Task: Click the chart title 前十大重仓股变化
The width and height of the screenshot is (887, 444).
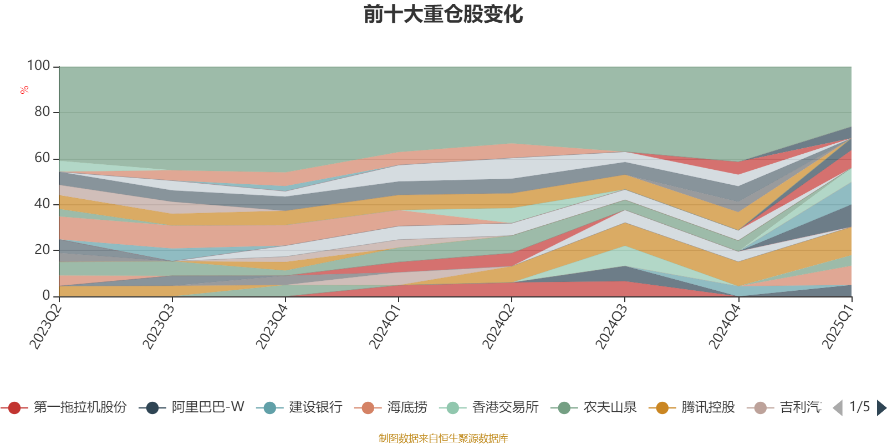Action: pyautogui.click(x=443, y=14)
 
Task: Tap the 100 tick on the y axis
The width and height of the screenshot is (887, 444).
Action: pyautogui.click(x=38, y=65)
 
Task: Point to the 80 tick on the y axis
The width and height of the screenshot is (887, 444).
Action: pyautogui.click(x=42, y=112)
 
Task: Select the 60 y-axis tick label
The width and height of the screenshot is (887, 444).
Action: pyautogui.click(x=42, y=158)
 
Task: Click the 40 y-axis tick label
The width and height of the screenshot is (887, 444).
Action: pyautogui.click(x=42, y=204)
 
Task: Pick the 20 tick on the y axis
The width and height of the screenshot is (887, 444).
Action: pyautogui.click(x=42, y=250)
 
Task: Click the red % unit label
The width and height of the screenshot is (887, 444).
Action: pyautogui.click(x=24, y=89)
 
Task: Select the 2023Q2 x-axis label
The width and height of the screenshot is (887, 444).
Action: pyautogui.click(x=45, y=324)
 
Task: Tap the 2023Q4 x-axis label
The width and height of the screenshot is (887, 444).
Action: pyautogui.click(x=272, y=324)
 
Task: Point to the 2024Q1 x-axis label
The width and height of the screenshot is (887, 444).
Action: pyautogui.click(x=385, y=324)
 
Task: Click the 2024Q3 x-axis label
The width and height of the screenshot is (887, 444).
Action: pyautogui.click(x=611, y=324)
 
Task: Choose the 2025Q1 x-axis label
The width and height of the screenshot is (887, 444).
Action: pyautogui.click(x=838, y=324)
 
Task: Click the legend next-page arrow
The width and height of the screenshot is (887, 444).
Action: pyautogui.click(x=881, y=408)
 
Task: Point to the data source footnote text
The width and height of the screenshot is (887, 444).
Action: pyautogui.click(x=443, y=438)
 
